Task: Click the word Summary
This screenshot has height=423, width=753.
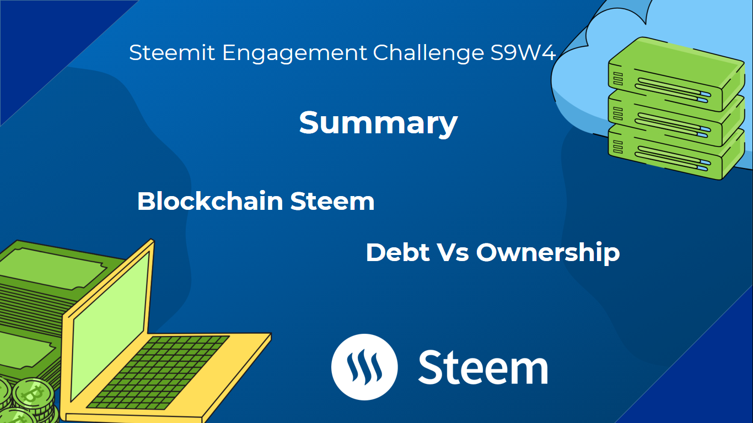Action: pos(378,123)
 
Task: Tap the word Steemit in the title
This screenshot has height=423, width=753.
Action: pos(172,53)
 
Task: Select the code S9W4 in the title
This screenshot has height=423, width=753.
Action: pos(523,53)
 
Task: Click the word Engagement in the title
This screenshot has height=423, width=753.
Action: pos(294,54)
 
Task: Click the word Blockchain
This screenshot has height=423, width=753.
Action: pos(210,201)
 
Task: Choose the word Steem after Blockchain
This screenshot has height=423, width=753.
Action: pos(332,201)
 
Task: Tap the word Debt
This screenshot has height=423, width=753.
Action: pos(397,252)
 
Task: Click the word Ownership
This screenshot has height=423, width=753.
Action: pos(548,253)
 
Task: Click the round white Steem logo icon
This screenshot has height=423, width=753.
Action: pos(364,367)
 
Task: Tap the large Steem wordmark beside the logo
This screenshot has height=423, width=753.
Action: pos(483,367)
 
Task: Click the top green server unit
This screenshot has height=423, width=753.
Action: pos(676,74)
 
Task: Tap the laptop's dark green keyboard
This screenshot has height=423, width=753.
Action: pos(158,372)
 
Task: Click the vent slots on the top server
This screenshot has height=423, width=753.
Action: pos(618,79)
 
